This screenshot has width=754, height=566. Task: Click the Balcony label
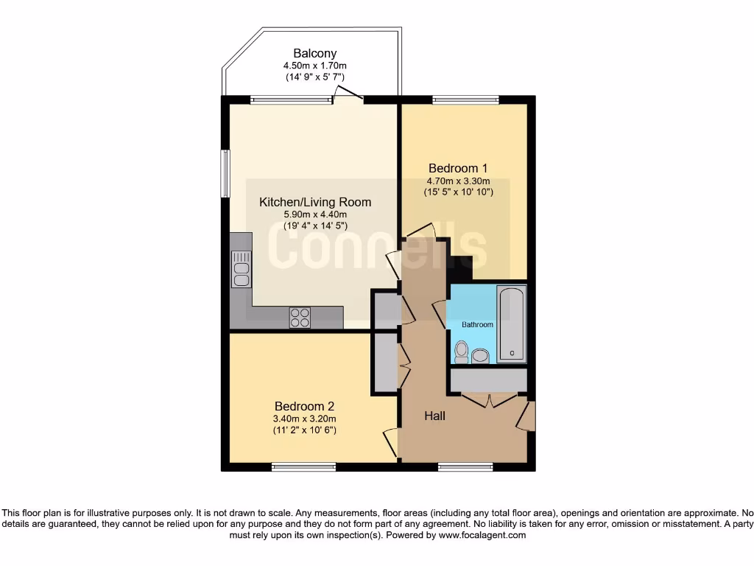pos(315,53)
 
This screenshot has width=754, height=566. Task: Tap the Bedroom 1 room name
pos(458,168)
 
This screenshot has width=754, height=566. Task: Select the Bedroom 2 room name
pos(305,406)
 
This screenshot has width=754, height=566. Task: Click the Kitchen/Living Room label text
pos(314,202)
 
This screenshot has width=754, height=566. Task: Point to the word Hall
pos(434,416)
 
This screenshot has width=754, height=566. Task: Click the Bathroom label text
pos(477,324)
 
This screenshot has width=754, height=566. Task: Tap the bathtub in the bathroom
pos(511,324)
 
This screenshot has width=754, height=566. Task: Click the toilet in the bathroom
pos(462,352)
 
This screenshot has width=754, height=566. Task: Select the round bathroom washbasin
pos(480,356)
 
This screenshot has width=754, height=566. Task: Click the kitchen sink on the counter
pos(241,268)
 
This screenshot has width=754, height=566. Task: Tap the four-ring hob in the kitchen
pos(300,317)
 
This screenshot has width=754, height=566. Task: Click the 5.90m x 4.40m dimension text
pos(314,215)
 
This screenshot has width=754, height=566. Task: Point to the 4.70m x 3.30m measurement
pos(458,181)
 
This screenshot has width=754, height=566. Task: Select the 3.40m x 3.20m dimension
pos(305,419)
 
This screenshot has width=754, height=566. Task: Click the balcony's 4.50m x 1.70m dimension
pos(315,66)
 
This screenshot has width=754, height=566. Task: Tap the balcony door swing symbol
pos(348,93)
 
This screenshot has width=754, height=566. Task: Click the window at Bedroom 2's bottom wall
pos(303,467)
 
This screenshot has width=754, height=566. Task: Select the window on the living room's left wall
pos(226,173)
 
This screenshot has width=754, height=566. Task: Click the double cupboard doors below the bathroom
pos(489,400)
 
